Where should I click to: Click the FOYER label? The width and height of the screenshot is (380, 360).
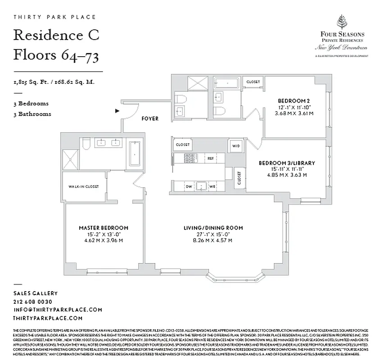click(x=150, y=119)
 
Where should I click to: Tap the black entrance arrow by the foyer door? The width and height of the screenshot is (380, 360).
click(x=117, y=110)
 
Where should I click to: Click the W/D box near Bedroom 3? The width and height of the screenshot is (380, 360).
click(x=235, y=146)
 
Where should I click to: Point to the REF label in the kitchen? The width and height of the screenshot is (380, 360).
click(x=210, y=158)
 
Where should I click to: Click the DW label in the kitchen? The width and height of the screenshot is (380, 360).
click(x=188, y=186)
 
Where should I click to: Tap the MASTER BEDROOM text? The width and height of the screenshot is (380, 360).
click(x=104, y=228)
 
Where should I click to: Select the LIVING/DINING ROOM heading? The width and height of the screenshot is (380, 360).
click(x=213, y=228)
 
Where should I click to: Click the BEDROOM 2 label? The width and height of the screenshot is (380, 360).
click(x=294, y=100)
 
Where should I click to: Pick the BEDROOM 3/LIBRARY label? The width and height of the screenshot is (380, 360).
click(x=287, y=163)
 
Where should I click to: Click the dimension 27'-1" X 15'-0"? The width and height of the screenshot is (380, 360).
click(x=213, y=234)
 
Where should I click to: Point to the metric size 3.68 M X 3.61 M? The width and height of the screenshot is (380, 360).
click(x=294, y=113)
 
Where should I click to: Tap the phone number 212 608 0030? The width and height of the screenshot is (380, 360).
click(x=33, y=301)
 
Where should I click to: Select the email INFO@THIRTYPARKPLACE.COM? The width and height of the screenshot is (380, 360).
click(x=58, y=310)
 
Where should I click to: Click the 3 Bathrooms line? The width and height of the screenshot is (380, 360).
click(x=32, y=114)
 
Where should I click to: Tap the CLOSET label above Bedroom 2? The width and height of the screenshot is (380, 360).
click(x=253, y=82)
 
